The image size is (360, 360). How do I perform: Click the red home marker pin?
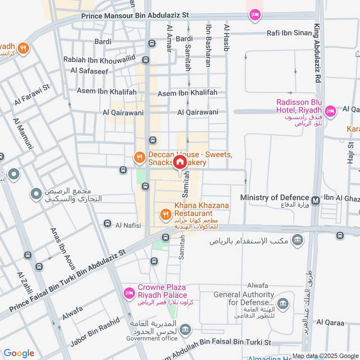pos(180,162)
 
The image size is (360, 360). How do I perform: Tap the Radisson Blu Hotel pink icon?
pos(331,111)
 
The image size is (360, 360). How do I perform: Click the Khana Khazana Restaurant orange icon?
pos(166,214)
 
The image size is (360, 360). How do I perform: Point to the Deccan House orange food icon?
pos(140,157)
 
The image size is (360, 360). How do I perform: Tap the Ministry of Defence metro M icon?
pos(315,198)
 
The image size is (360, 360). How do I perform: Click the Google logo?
pos(18,353)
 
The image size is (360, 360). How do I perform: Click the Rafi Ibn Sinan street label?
pos(289,32)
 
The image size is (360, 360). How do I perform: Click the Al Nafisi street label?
pos(128,225)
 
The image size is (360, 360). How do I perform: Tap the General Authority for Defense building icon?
pos(283,302)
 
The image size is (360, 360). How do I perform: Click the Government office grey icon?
pos(184,331)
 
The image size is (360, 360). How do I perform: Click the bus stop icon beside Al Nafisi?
pos(107,224)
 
